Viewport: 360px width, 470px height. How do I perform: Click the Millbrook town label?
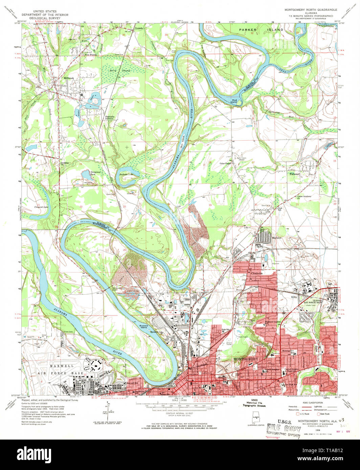click(69, 78)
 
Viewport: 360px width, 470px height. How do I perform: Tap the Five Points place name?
click(91, 55)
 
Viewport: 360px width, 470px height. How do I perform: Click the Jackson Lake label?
click(125, 174)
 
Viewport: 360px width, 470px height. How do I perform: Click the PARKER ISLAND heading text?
click(261, 30)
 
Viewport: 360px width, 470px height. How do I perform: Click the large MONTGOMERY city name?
click(246, 359)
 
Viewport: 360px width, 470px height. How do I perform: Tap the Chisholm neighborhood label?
click(257, 273)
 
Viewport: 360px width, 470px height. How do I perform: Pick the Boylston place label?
click(277, 238)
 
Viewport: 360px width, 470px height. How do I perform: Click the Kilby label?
click(294, 297)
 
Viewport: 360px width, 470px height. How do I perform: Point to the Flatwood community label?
click(294, 174)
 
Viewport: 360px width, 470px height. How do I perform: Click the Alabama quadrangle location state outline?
click(254, 419)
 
